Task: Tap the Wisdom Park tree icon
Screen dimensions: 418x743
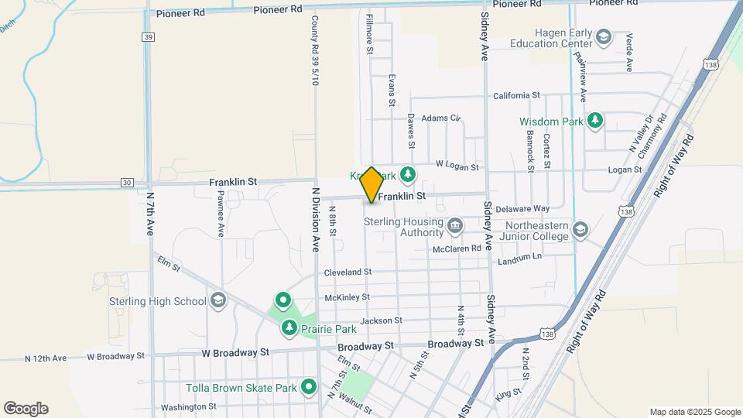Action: coord(594,120)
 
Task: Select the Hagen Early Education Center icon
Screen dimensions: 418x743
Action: coord(603,36)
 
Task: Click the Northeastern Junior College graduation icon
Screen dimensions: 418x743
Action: coord(580,229)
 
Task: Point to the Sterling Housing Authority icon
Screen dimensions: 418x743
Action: coord(455,225)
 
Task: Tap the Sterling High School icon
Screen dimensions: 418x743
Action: coord(218,300)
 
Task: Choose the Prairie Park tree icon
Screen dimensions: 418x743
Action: coord(289,329)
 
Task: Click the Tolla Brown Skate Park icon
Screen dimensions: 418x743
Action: coord(310,386)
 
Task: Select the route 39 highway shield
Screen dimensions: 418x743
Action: coord(148,36)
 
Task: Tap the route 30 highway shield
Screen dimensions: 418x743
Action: coord(126,183)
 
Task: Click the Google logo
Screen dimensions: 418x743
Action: coord(26,409)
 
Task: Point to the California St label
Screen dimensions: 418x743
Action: coord(516,95)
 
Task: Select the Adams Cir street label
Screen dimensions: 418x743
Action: coord(440,118)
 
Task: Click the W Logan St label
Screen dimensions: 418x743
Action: coord(457,166)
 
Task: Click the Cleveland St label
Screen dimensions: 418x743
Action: coord(348,272)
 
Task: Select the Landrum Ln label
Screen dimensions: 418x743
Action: coord(522,257)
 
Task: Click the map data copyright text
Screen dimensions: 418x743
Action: coord(694,412)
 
